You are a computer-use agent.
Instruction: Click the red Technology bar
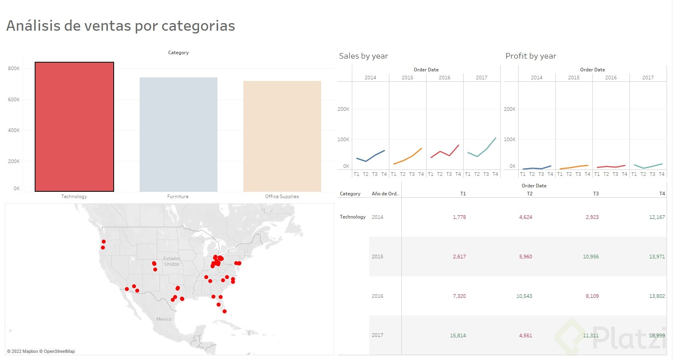(x=74, y=127)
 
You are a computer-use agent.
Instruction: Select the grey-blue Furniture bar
(x=178, y=134)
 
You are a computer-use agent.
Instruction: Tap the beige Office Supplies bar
(x=282, y=136)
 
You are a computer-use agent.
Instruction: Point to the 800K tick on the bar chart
(x=14, y=69)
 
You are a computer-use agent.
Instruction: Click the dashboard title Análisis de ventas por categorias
(x=120, y=26)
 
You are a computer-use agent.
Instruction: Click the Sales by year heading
(x=363, y=56)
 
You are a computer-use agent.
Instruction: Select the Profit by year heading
(x=531, y=56)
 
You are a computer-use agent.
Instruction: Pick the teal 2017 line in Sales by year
(x=487, y=149)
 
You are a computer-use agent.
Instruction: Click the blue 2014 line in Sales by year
(x=375, y=155)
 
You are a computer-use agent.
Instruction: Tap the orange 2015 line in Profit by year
(x=574, y=167)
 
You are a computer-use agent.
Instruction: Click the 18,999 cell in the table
(x=657, y=336)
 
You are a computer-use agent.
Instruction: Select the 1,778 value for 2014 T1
(x=459, y=217)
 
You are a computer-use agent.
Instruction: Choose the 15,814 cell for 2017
(x=458, y=336)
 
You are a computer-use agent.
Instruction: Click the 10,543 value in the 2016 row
(x=524, y=296)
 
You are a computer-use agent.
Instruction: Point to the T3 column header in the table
(x=596, y=194)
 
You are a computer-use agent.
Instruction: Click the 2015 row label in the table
(x=377, y=257)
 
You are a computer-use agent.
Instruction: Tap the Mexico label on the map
(x=164, y=319)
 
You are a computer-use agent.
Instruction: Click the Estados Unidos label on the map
(x=172, y=262)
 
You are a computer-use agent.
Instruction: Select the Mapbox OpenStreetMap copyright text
(x=41, y=351)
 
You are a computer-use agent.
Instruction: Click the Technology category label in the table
(x=353, y=217)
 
